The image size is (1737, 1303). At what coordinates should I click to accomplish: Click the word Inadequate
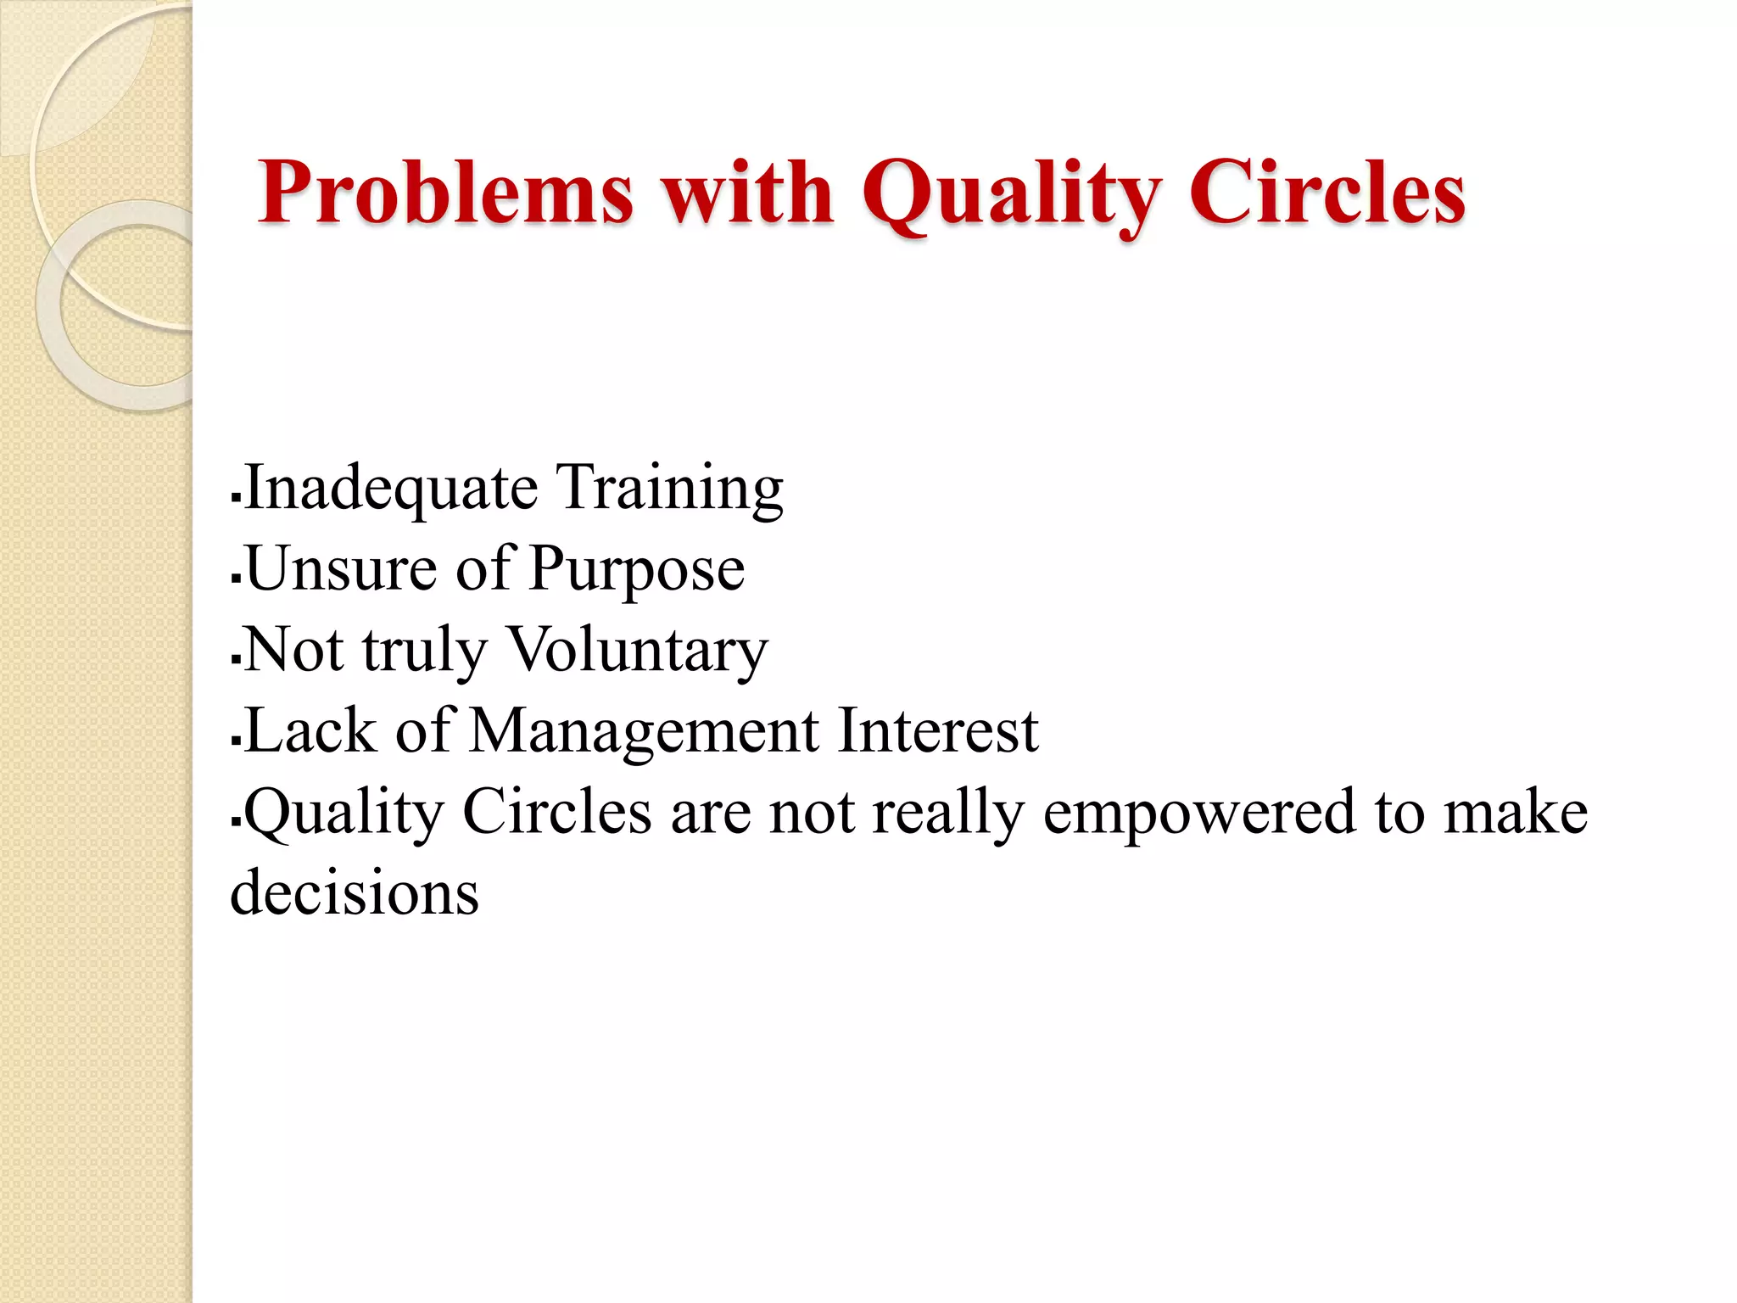pyautogui.click(x=391, y=489)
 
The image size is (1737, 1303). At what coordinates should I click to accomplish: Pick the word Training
pyautogui.click(x=670, y=489)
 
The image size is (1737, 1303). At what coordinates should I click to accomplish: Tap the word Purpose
pyautogui.click(x=637, y=570)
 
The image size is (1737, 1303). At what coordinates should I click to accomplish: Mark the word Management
pyautogui.click(x=645, y=731)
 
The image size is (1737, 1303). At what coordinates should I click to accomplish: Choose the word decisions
pyautogui.click(x=355, y=892)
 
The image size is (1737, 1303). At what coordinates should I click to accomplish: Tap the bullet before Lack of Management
pyautogui.click(x=237, y=741)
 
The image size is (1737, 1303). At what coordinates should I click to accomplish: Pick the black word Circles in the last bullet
pyautogui.click(x=557, y=811)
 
